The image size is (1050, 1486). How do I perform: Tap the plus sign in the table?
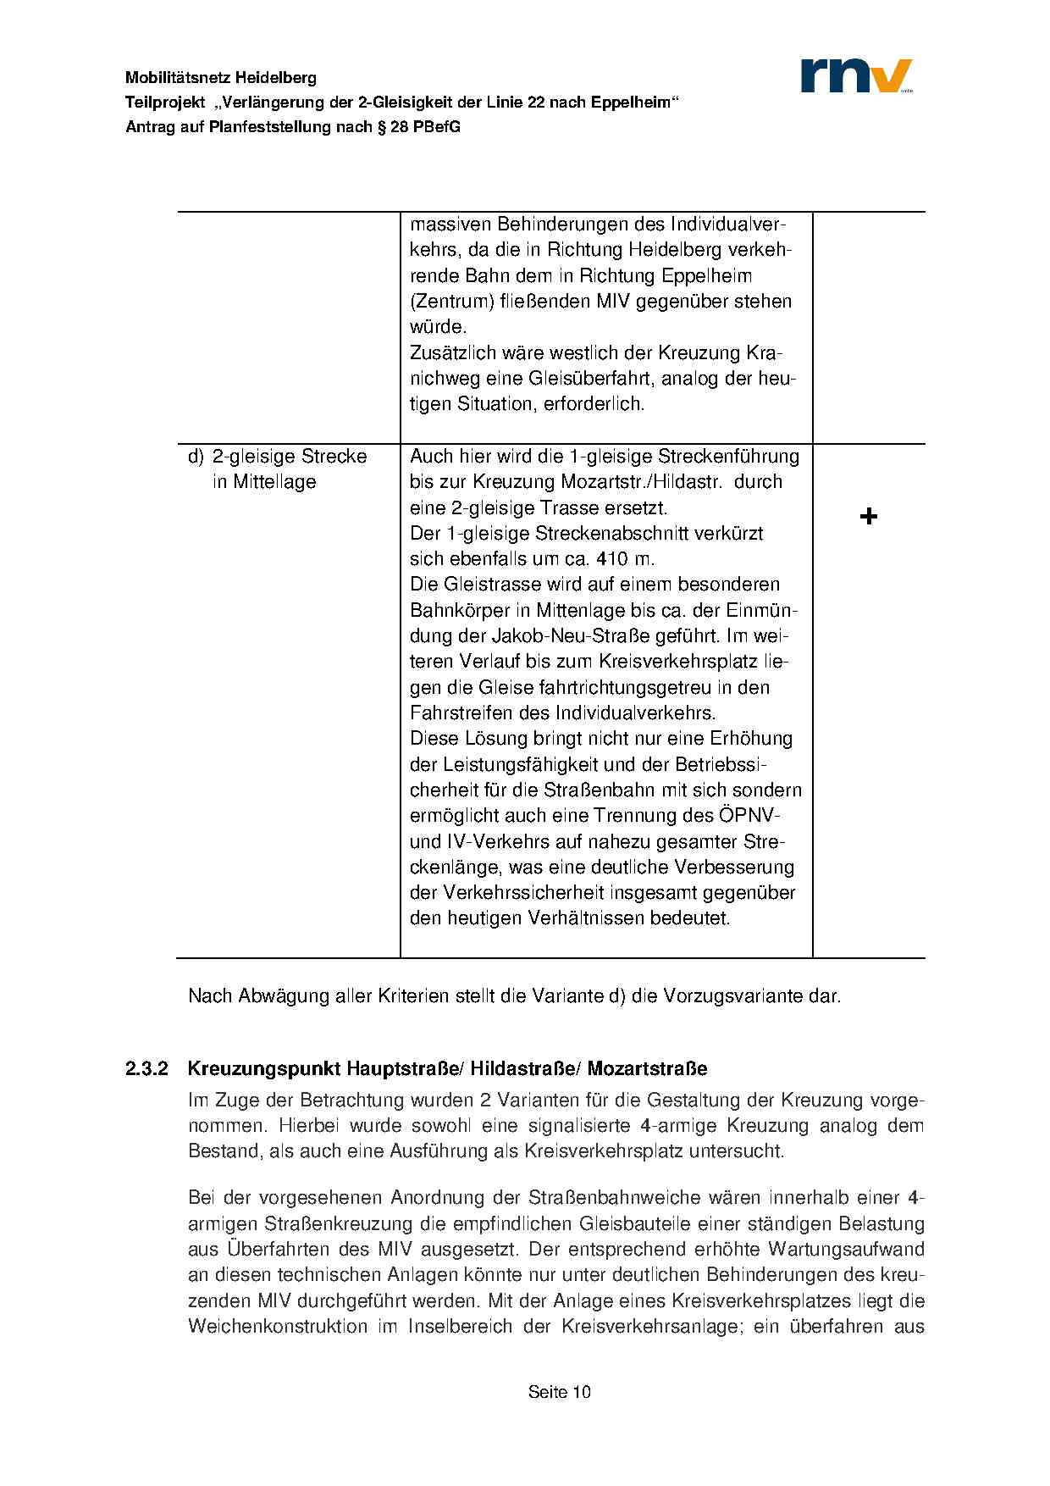(868, 516)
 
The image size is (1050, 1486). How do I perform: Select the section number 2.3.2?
(149, 1068)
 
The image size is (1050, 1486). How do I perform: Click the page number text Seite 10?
(559, 1392)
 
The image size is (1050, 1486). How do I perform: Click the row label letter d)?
(196, 457)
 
